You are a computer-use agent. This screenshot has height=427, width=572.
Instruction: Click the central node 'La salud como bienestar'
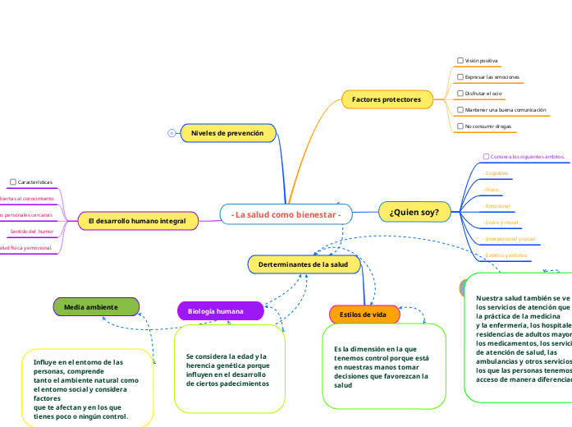[x=286, y=214]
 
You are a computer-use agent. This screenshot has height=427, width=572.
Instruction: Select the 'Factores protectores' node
[x=387, y=99]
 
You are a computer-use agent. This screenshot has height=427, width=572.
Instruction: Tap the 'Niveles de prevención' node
[x=227, y=132]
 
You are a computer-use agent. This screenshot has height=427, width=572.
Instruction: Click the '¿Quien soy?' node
[x=414, y=212]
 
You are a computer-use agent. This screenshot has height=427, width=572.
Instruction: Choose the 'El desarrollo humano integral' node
[x=137, y=221]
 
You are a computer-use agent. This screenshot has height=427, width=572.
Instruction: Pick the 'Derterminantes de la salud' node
[x=303, y=264]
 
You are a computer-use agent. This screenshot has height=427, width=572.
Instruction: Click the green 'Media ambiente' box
[x=96, y=307]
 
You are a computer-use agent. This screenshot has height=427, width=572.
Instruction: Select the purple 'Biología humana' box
[x=220, y=311]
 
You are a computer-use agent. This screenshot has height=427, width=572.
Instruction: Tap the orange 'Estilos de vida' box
[x=364, y=315]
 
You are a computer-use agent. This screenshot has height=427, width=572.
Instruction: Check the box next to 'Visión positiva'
[x=460, y=61]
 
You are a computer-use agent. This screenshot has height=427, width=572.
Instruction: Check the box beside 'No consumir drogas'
[x=460, y=126]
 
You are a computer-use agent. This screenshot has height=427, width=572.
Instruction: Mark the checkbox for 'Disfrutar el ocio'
[x=460, y=94]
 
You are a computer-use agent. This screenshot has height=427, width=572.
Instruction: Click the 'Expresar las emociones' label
[x=492, y=77]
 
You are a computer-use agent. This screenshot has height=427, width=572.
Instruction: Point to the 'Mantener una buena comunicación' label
[x=506, y=110]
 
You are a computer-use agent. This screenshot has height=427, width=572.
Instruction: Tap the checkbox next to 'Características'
[x=12, y=181]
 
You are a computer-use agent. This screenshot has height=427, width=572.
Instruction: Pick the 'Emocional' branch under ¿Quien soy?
[x=498, y=205]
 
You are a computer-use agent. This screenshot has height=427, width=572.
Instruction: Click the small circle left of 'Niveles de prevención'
[x=172, y=132]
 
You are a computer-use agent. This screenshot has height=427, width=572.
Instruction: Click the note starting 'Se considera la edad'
[x=227, y=370]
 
